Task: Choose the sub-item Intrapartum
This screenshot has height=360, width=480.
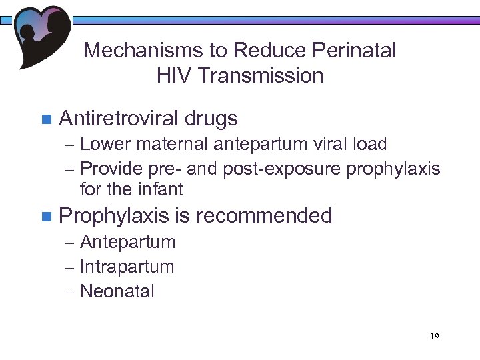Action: (127, 267)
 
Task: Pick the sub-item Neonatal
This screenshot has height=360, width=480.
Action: (117, 291)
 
